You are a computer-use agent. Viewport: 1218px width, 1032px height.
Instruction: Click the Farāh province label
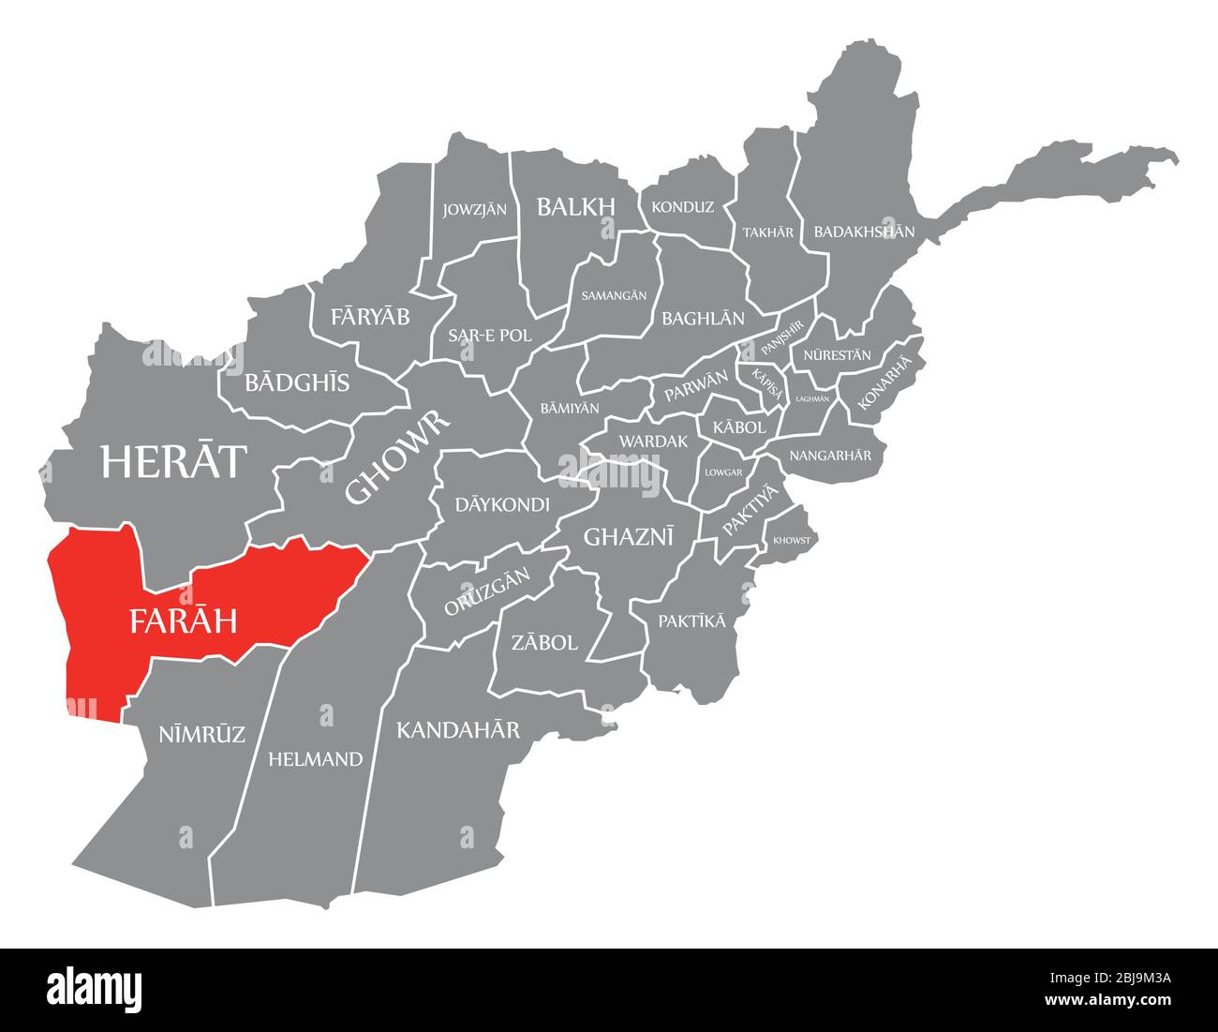point(183,621)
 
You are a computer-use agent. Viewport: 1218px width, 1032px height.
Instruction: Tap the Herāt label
point(174,461)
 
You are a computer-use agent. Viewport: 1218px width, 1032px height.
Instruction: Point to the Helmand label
point(315,759)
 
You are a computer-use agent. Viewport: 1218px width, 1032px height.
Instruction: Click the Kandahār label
point(458,729)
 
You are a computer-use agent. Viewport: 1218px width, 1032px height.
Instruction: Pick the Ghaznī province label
point(629,536)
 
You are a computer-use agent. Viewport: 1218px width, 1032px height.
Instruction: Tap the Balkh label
point(575,207)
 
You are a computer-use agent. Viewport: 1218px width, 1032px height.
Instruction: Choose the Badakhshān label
point(864,232)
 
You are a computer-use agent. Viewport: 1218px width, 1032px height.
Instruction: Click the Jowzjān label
point(475,209)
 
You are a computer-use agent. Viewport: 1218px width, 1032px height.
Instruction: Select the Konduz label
point(682,207)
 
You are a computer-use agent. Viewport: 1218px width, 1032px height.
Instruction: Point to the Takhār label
point(767,232)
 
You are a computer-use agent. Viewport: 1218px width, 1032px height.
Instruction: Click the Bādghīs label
point(297,382)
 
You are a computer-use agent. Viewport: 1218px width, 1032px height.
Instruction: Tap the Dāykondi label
point(502,504)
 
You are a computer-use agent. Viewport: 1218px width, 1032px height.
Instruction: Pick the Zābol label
point(544,643)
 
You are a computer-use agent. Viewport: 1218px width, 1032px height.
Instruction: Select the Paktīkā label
point(691,621)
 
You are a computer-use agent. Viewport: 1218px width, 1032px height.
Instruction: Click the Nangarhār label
point(830,456)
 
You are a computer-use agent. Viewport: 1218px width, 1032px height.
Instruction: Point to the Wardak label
point(653,441)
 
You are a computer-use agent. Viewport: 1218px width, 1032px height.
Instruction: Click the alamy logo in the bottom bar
point(95,989)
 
